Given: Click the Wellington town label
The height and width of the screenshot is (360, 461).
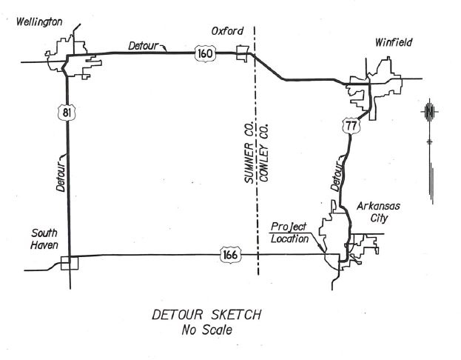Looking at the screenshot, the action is point(39,22).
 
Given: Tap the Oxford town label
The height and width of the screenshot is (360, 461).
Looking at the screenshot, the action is point(227,31).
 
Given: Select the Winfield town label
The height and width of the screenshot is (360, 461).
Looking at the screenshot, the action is point(394,42).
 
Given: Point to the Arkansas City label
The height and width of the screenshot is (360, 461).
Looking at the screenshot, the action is point(378,212).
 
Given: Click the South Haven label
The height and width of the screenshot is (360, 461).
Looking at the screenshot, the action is point(44,239).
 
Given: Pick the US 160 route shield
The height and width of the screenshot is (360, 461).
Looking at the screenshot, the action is point(205,53).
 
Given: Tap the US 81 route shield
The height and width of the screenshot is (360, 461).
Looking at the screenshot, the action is point(67,112).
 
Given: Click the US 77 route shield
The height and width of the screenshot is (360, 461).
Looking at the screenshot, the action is point(351,126).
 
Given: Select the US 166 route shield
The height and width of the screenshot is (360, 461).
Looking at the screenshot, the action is point(230,254).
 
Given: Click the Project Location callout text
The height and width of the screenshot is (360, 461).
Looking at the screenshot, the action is point(289,233).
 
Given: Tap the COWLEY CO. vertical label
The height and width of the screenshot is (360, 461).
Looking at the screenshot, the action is point(263,153).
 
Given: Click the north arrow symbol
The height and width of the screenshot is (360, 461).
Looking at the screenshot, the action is point(430,150).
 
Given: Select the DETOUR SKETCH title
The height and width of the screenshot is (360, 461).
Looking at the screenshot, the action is point(206,315).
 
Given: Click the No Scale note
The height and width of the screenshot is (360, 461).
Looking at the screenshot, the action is point(207,330).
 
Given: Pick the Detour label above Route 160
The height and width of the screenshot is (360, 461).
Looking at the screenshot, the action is point(144,46).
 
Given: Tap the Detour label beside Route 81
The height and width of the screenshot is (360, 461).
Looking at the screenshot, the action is point(61,176).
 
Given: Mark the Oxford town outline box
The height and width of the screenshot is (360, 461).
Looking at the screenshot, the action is point(243,53).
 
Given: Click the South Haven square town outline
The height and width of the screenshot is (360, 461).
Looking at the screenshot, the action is point(70,263).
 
